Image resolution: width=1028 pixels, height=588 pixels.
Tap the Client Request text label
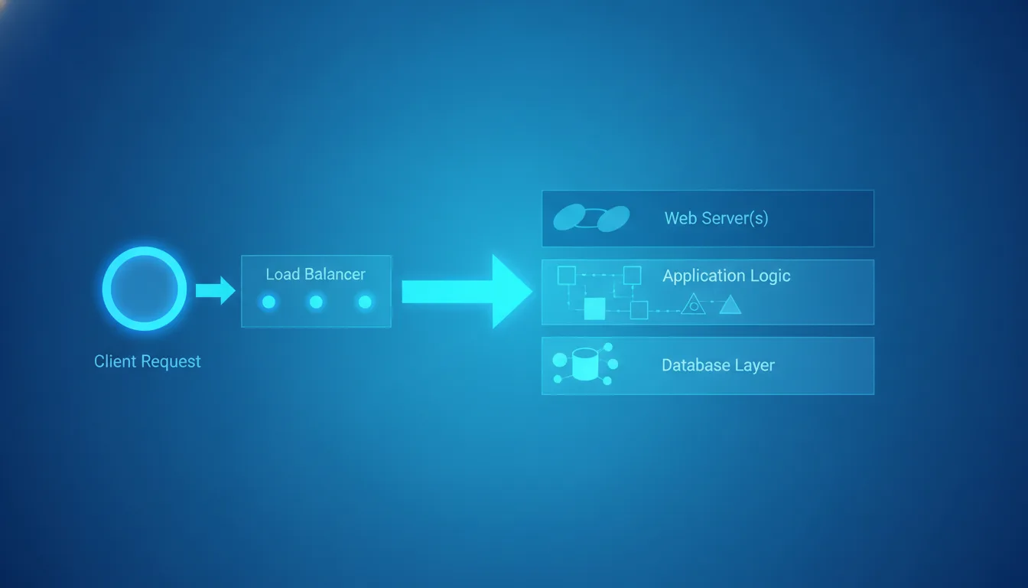point(148,361)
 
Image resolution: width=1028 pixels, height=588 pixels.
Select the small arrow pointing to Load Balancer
point(216,290)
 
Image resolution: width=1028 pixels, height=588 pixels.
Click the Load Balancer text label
point(316,274)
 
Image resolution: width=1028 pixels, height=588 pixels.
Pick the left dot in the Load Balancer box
point(269,302)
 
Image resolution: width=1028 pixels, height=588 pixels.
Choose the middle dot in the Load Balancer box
point(316,302)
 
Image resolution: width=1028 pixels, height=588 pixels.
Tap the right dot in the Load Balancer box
point(365,302)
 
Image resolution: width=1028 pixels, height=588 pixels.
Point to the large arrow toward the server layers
point(467,291)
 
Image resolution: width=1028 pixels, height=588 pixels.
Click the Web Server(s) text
point(717,218)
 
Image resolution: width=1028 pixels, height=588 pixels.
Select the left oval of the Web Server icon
point(569,217)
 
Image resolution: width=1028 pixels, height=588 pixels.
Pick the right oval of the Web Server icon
point(613,219)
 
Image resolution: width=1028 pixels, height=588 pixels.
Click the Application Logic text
point(727,276)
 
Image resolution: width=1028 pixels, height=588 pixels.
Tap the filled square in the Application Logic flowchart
point(595,309)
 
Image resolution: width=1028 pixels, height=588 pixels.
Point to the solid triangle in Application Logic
point(730,305)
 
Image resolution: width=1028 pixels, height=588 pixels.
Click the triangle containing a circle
point(693,304)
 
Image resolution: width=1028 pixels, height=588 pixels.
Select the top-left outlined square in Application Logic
point(566,275)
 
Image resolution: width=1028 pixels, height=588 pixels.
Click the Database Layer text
point(718,365)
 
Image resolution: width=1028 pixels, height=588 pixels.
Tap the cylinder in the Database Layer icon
point(585,364)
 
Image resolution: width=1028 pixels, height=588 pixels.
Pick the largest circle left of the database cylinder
point(560,360)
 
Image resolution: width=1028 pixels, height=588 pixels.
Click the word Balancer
point(335,274)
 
